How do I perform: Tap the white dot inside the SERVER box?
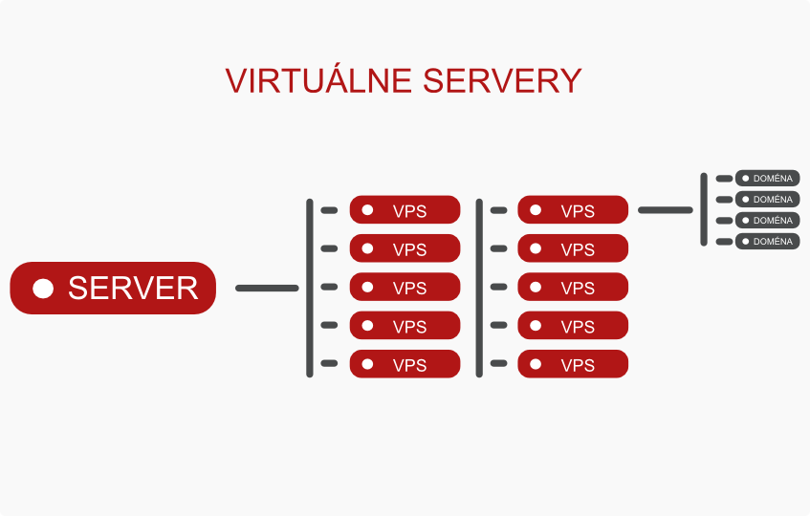[x=43, y=289]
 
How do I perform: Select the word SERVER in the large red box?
[x=133, y=289]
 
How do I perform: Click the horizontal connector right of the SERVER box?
[x=267, y=288]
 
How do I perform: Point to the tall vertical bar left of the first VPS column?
[x=309, y=288]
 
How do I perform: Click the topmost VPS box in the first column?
[x=405, y=210]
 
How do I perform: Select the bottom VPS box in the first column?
[x=405, y=364]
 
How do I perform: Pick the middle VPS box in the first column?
[x=405, y=287]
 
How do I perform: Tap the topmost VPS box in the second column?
[x=573, y=210]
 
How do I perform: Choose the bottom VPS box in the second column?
[x=573, y=364]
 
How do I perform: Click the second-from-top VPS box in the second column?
[x=573, y=248]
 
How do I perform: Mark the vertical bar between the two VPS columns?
[x=478, y=288]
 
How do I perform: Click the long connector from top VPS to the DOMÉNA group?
[x=665, y=209]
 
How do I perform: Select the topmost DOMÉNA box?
[x=767, y=179]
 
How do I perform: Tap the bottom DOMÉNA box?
[x=767, y=242]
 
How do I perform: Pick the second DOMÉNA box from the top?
[x=767, y=200]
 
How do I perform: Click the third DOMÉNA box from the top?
[x=767, y=221]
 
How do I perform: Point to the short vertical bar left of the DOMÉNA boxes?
[x=704, y=209]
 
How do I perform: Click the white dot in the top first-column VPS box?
[x=367, y=210]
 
